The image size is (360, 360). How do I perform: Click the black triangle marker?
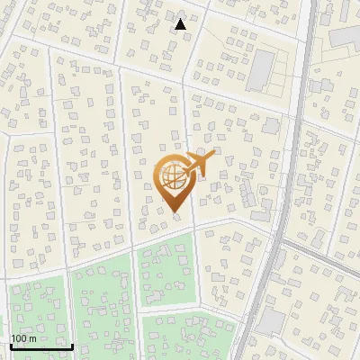point(180,24)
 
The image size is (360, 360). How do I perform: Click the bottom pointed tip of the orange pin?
point(176,212)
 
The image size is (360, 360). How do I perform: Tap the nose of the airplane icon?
point(214,155)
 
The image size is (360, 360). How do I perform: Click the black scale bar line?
point(41,346)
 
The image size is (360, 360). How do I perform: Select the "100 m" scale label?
point(23,337)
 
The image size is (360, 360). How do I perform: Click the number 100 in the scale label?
point(20,337)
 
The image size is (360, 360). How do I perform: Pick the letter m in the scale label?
point(32,338)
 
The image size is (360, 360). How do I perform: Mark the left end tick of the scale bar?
point(11,344)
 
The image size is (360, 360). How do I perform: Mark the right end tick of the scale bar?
point(72,344)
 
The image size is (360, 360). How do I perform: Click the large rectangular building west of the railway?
point(261,68)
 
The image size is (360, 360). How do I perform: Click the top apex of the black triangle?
point(180,18)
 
